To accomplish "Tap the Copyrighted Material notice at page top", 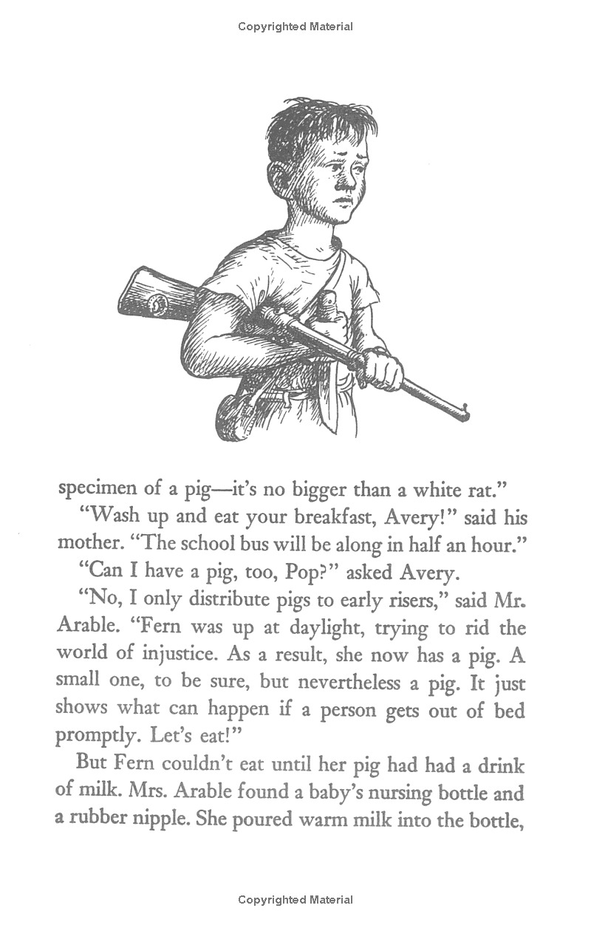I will [295, 27].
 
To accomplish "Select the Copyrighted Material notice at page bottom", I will [295, 900].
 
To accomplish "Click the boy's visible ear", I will [279, 177].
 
